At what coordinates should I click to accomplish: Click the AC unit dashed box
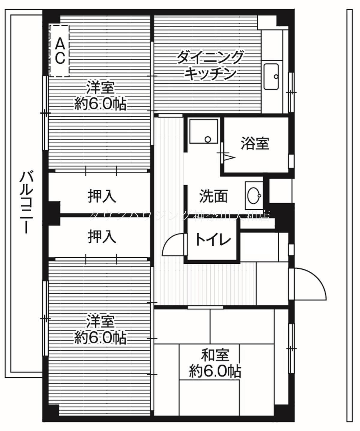pos(59,51)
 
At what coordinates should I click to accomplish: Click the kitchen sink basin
pos(272,76)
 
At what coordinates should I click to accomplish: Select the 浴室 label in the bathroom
pos(255,143)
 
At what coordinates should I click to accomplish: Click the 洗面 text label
pos(213,196)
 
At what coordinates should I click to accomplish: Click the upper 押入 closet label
pos(102,196)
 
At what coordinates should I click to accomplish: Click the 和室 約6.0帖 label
pos(215,363)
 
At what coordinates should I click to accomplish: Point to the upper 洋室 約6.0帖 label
pos(100,96)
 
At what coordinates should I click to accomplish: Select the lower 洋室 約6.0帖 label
pos(100,330)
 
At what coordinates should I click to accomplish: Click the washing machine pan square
pos(203,131)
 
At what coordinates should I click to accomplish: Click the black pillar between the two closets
pos(54,213)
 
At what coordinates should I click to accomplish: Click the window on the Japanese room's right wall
pos(291,348)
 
